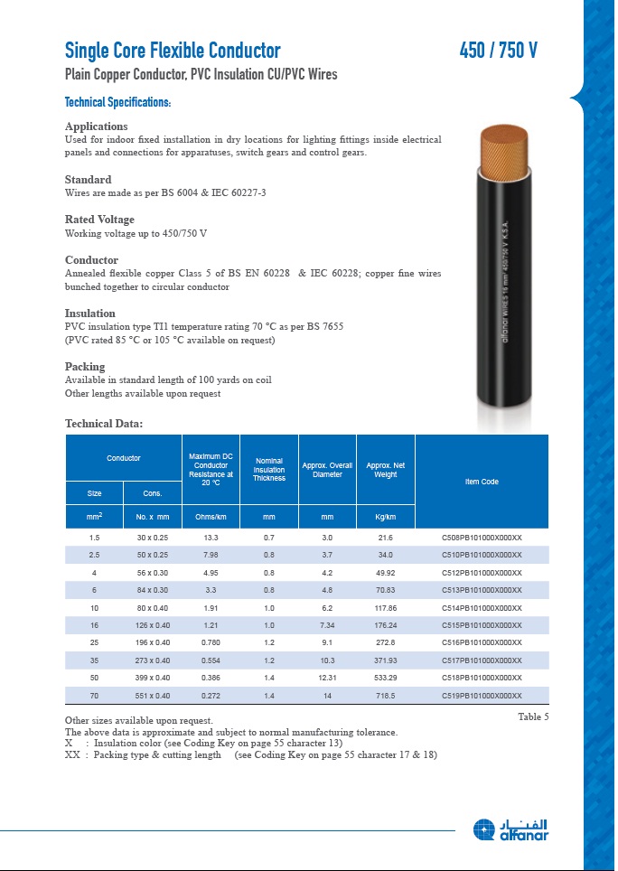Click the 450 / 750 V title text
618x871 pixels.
click(499, 51)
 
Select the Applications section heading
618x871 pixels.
click(97, 126)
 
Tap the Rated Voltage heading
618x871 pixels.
click(99, 220)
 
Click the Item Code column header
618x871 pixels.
click(482, 482)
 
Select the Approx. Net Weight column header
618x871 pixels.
click(386, 470)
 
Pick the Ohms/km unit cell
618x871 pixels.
click(211, 518)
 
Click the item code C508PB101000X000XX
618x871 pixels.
click(482, 538)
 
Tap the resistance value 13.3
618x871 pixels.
click(211, 538)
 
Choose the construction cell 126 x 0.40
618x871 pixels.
click(153, 625)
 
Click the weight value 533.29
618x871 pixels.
click(386, 678)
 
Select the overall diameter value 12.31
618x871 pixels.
click(327, 678)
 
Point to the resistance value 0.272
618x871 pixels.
click(211, 696)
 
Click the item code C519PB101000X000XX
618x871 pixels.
click(482, 696)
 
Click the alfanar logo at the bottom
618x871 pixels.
click(510, 829)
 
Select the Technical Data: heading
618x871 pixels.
click(104, 424)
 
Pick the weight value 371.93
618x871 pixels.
click(386, 660)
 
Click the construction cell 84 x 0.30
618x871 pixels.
click(153, 590)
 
